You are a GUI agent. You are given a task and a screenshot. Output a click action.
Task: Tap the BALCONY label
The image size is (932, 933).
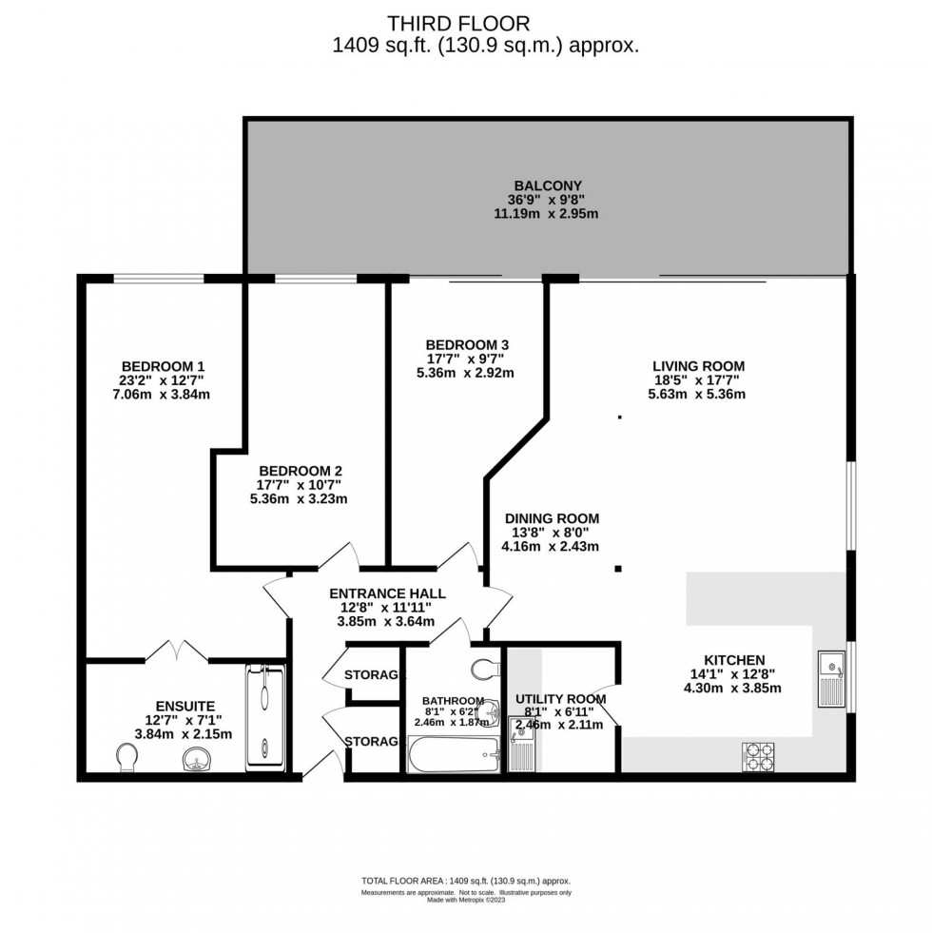pos(547,185)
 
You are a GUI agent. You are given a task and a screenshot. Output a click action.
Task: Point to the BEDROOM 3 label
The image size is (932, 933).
pos(460,344)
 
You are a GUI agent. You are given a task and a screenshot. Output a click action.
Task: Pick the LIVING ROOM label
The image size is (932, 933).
pos(698,365)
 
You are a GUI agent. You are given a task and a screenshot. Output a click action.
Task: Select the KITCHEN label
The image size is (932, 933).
pos(733,660)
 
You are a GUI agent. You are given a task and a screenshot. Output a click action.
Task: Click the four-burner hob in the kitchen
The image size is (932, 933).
pos(758,756)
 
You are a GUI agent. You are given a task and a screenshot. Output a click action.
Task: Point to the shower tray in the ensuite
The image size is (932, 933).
pos(265,715)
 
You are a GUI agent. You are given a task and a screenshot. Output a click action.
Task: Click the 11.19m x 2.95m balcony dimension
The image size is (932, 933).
pos(547,214)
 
